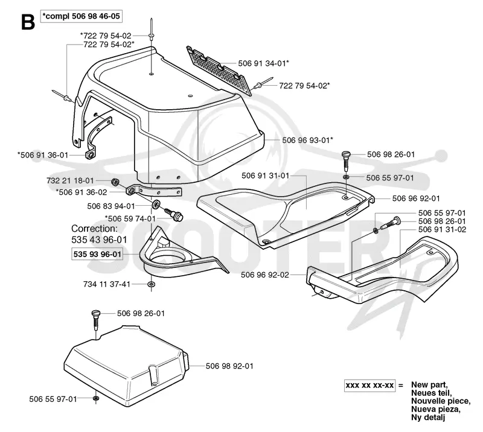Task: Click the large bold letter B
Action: tap(28, 22)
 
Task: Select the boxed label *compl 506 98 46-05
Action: tap(82, 16)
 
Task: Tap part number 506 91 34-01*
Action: tap(264, 63)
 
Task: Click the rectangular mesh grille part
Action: tap(217, 71)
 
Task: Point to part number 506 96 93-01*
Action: tap(308, 140)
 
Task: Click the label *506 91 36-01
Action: tap(42, 155)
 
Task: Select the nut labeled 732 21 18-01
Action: tap(115, 182)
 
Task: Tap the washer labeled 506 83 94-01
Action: tap(156, 204)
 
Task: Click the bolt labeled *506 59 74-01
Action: tap(174, 214)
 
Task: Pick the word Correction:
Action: tap(94, 229)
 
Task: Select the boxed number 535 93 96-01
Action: tap(97, 254)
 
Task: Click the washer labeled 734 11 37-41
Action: tap(151, 284)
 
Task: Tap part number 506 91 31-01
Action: tap(266, 176)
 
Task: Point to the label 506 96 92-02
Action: tap(265, 275)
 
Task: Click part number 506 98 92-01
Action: tap(229, 366)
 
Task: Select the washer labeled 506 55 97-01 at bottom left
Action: tap(96, 399)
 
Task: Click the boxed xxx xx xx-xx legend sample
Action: tap(369, 386)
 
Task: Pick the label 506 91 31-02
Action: tap(442, 229)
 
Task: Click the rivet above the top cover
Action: tap(152, 30)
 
